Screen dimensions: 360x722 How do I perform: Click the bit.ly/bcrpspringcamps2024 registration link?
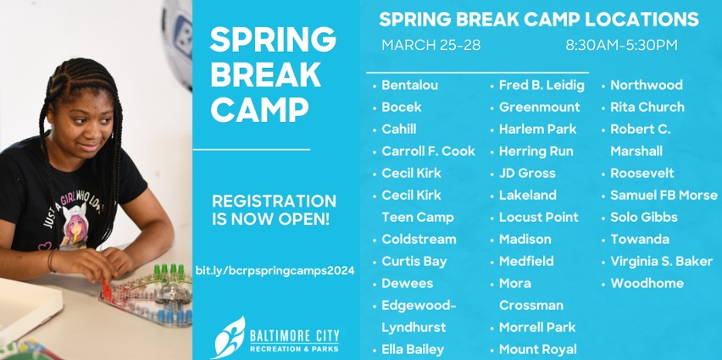(x=274, y=270)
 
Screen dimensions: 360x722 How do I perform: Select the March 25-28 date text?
(x=430, y=45)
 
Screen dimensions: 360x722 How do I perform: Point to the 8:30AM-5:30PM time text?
(x=621, y=45)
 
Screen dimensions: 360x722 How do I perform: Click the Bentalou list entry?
(x=410, y=85)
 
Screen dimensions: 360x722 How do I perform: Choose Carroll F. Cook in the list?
(x=428, y=151)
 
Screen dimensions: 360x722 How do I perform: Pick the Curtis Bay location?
(x=414, y=261)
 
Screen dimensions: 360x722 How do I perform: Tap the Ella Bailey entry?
(x=412, y=349)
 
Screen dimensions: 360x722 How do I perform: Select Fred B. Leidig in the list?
(x=541, y=85)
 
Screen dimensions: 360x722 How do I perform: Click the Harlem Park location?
(x=537, y=129)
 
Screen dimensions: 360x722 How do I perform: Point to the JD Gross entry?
(x=527, y=173)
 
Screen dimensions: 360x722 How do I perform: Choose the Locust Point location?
(x=538, y=217)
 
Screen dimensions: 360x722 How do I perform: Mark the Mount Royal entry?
(x=537, y=349)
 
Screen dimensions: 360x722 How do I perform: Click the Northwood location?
(x=646, y=85)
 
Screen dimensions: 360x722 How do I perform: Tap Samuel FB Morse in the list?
(x=664, y=195)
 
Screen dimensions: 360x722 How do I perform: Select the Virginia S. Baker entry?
(x=661, y=261)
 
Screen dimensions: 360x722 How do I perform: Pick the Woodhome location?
(x=647, y=283)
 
